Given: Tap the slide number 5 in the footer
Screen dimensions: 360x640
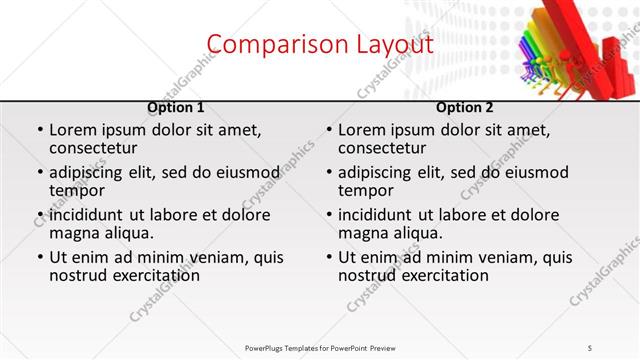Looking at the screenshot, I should [590, 347].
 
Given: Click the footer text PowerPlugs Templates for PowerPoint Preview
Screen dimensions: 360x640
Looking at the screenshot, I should [320, 347].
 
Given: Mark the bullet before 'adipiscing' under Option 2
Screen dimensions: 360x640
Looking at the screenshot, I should [328, 173].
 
